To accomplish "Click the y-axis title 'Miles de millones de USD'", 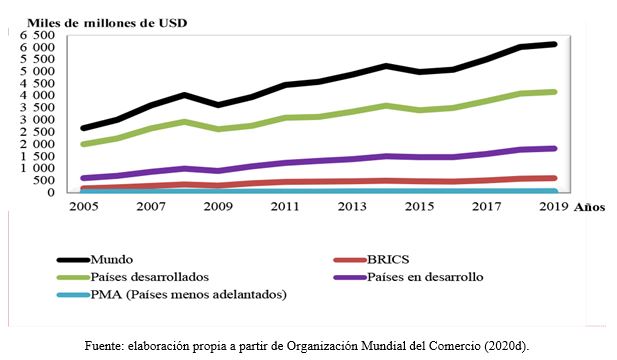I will (94, 20).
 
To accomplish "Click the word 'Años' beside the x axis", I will (591, 208).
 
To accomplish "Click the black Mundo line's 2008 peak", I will (182, 95).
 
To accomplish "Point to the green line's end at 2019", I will (555, 92).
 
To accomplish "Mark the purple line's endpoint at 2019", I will (555, 148).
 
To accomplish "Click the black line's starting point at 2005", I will (81, 128).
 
